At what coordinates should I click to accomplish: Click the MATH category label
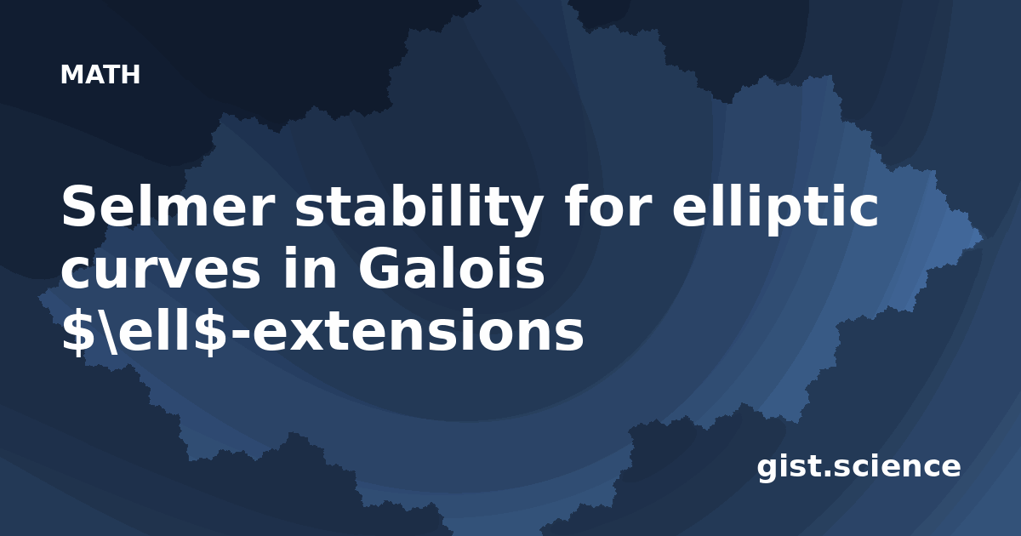(x=100, y=75)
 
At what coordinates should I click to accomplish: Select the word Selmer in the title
(x=168, y=207)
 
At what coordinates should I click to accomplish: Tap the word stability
(x=419, y=210)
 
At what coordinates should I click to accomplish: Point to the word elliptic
(x=775, y=208)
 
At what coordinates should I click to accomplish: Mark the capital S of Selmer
(x=79, y=207)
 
